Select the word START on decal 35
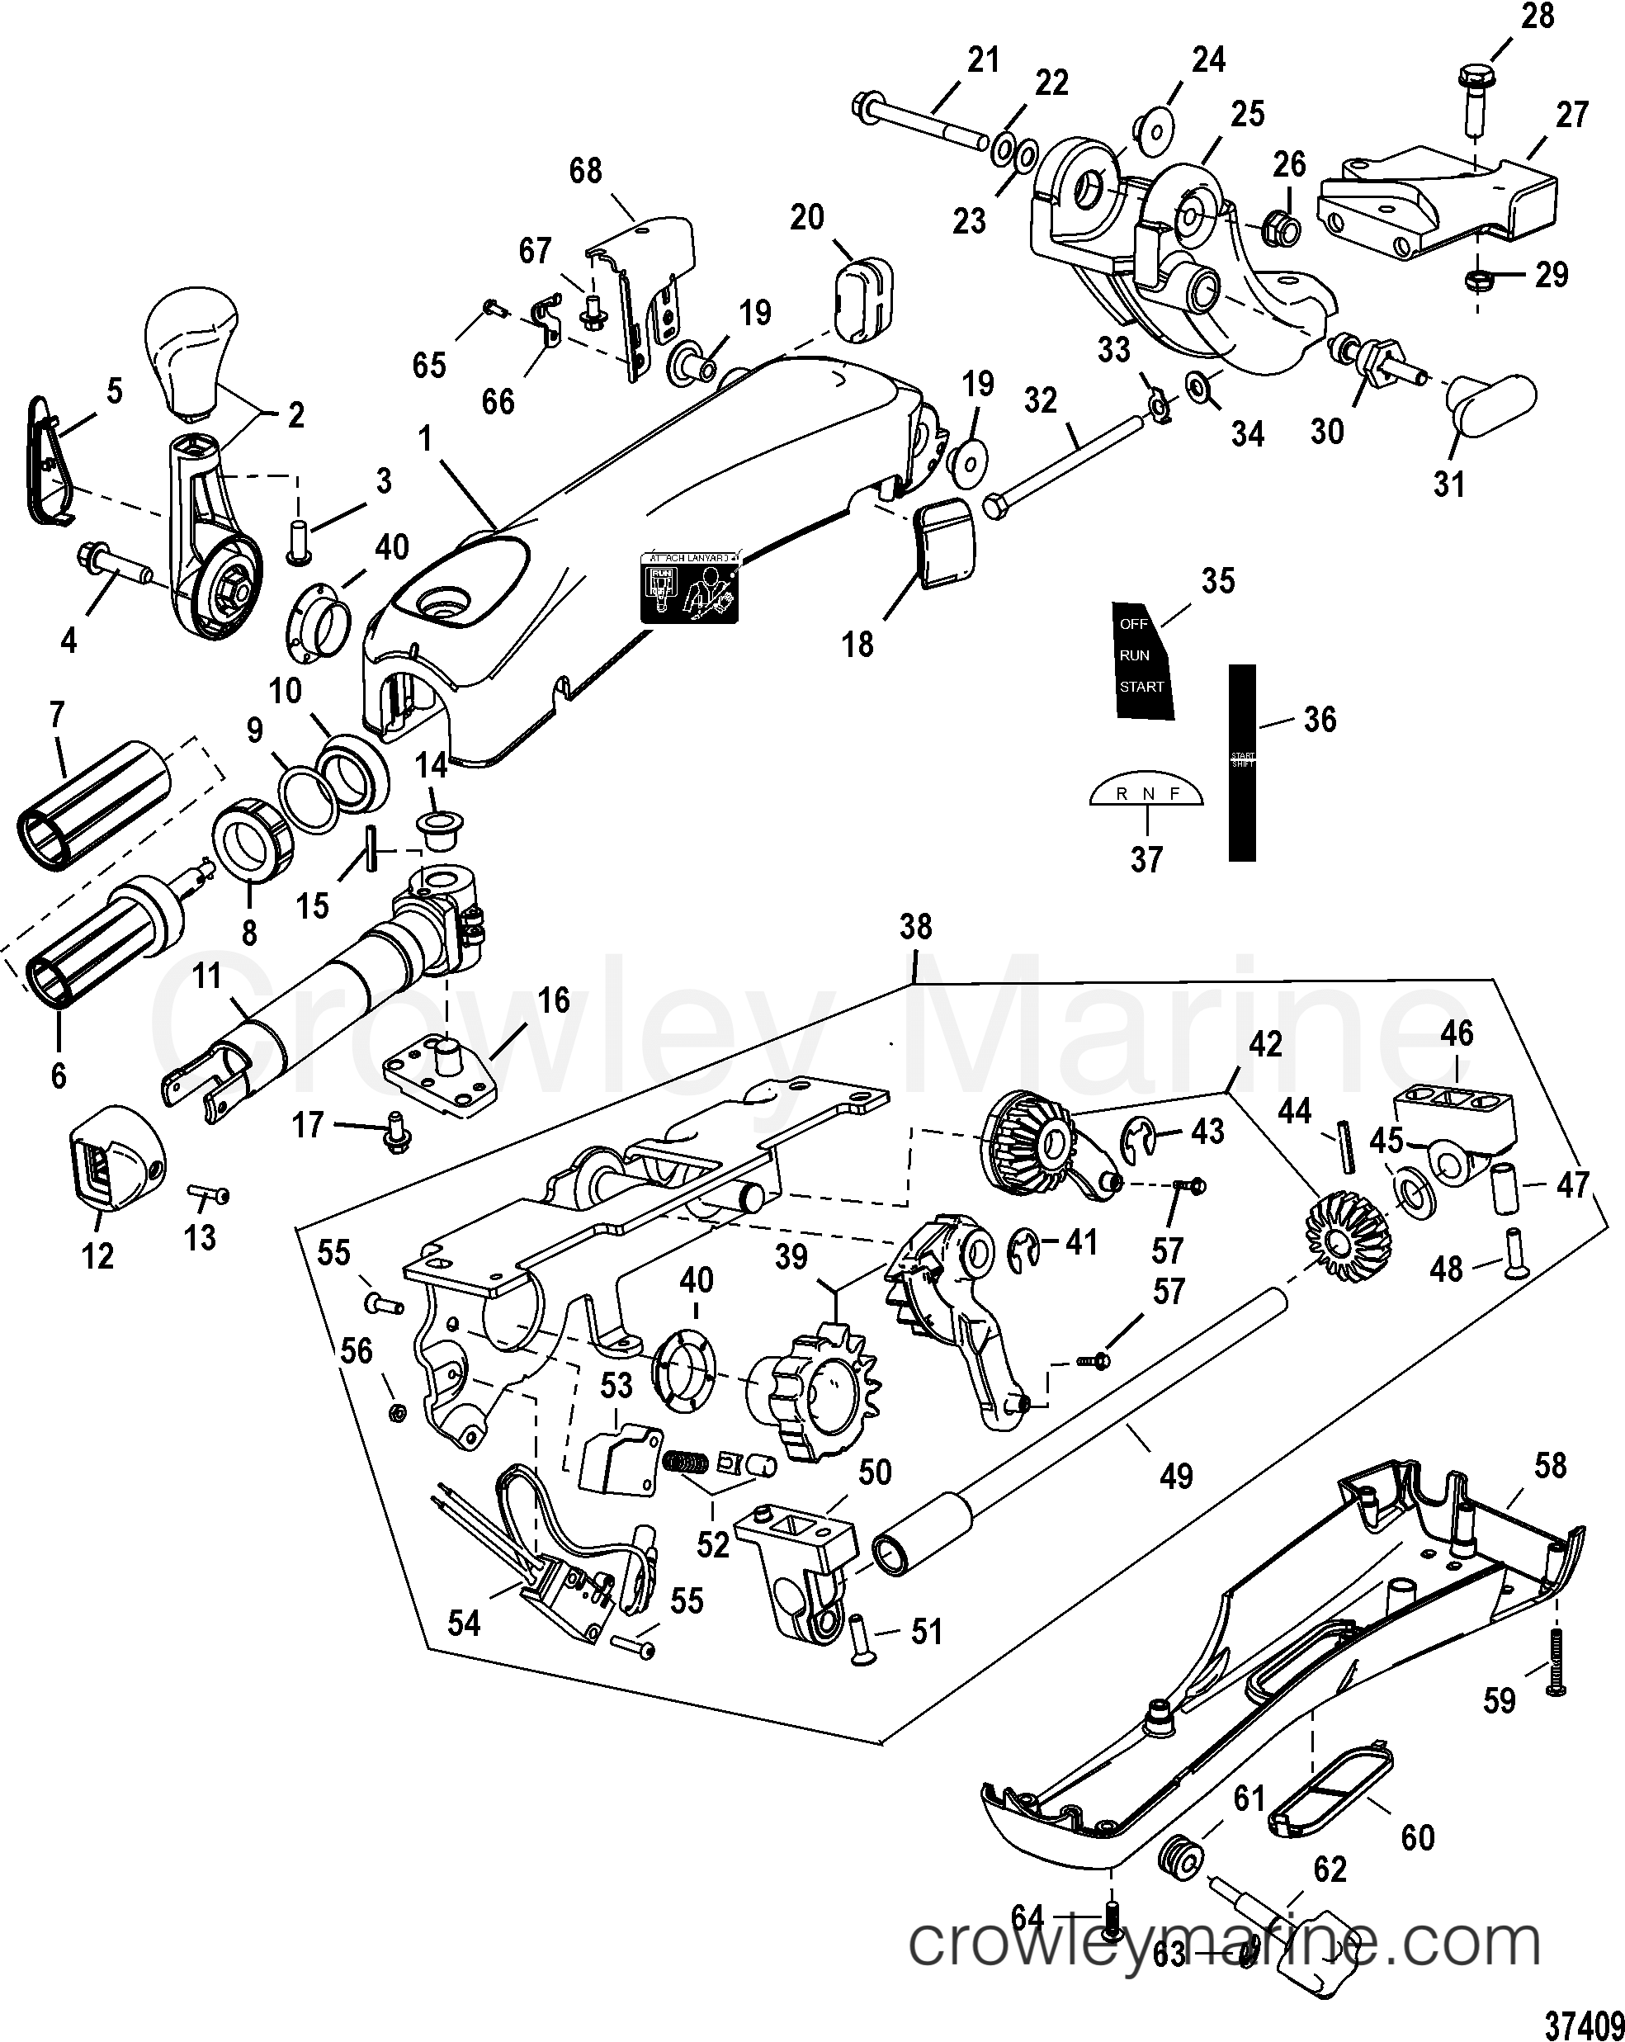pos(1141,687)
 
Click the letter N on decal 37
pos(1149,794)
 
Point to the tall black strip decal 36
pos(1242,763)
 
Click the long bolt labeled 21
pos(923,122)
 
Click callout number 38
pos(914,926)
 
